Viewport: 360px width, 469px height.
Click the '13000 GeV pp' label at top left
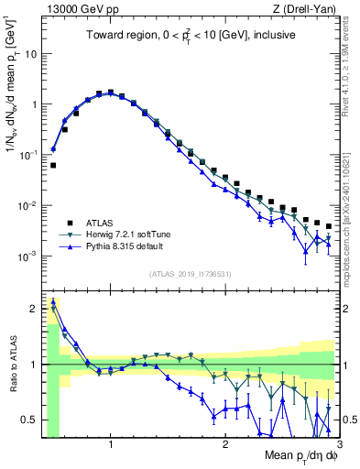pyautogui.click(x=74, y=8)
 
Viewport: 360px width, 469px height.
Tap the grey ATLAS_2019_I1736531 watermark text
pyautogui.click(x=190, y=274)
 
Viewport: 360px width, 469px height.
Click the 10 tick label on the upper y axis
pyautogui.click(x=29, y=53)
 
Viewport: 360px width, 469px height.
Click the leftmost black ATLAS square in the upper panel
pyautogui.click(x=54, y=166)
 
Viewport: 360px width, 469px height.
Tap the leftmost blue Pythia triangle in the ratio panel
pyautogui.click(x=53, y=303)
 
